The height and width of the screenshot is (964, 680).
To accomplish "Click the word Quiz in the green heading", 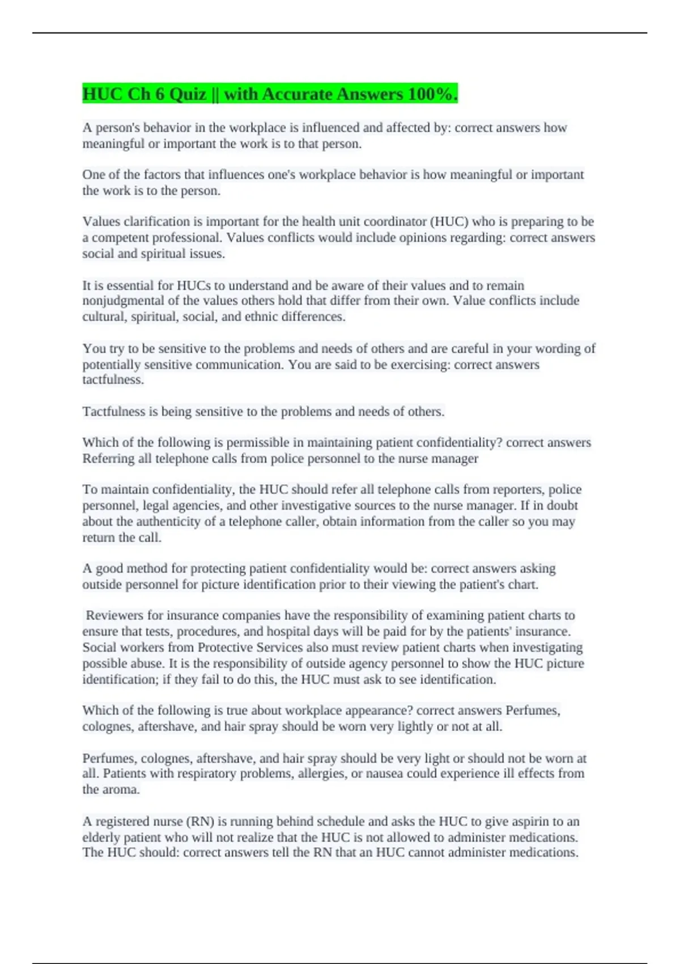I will coord(187,94).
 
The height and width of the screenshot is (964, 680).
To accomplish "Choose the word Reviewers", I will coord(114,615).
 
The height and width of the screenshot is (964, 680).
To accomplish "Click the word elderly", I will coord(101,837).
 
